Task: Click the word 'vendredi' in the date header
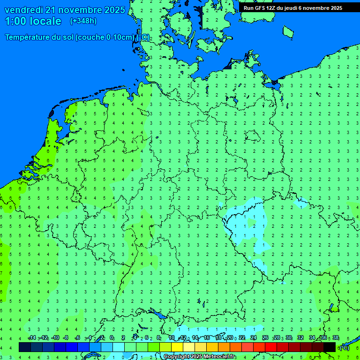pos(24,10)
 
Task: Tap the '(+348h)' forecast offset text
pos(83,21)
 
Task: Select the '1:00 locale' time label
pos(33,21)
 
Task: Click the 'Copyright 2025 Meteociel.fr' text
pos(200,357)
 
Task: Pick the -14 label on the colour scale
pos(32,338)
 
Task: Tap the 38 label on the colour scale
pos(335,338)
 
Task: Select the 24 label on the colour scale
pos(254,338)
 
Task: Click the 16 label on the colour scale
pos(207,338)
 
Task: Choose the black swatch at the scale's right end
pos(330,347)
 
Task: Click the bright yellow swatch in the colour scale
pos(177,347)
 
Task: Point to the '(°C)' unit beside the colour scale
pos(344,347)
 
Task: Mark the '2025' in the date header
pos(114,10)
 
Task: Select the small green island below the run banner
pos(288,31)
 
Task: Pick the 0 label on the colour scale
pos(112,338)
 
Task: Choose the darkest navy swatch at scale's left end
pos(25,347)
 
